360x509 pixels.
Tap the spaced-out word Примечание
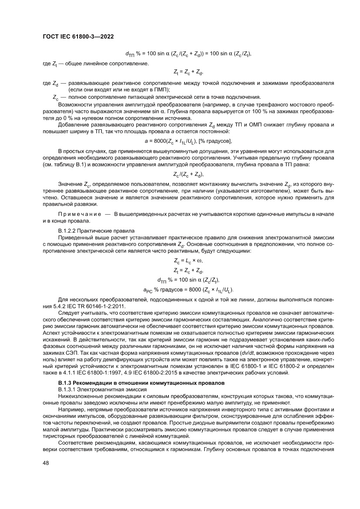[x=78, y=215]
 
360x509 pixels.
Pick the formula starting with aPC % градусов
[x=188, y=289]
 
